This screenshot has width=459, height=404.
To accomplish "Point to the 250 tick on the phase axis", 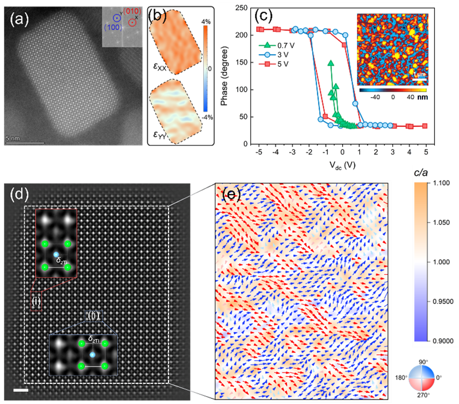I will (242, 7).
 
